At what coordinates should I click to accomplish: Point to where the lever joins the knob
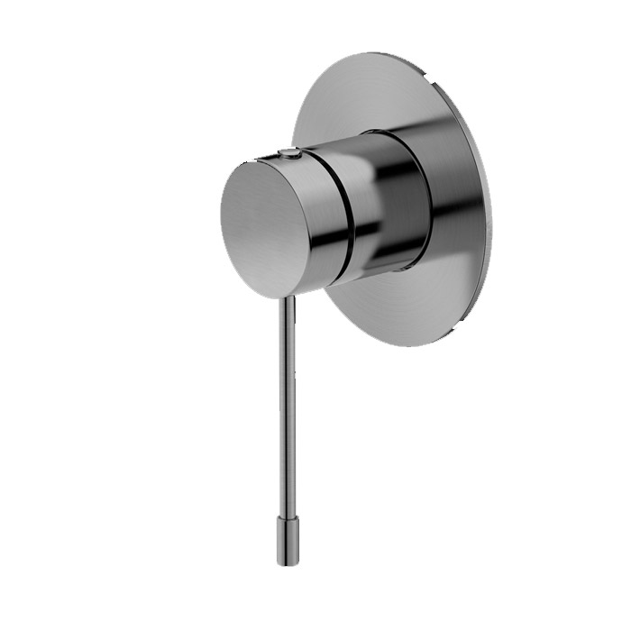tap(288, 297)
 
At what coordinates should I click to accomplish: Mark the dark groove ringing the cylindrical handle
tap(346, 216)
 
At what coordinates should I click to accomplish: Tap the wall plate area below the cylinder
tap(397, 306)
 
